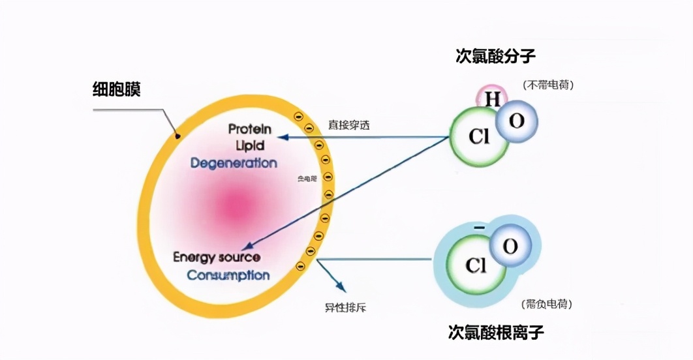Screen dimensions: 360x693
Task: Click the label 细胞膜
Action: pyautogui.click(x=117, y=89)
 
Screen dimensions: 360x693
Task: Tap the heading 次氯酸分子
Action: pyautogui.click(x=495, y=56)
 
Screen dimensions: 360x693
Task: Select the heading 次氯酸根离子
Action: pyautogui.click(x=496, y=333)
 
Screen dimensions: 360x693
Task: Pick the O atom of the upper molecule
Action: pyautogui.click(x=516, y=121)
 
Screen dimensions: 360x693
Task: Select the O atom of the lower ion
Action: pyautogui.click(x=510, y=247)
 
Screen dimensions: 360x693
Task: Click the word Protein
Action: pyautogui.click(x=250, y=128)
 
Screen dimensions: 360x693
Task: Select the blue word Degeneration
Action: pyautogui.click(x=234, y=163)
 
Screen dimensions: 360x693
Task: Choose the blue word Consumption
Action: pyautogui.click(x=228, y=275)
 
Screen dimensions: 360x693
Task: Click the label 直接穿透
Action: pyautogui.click(x=348, y=125)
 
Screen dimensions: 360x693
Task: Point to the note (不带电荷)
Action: pyautogui.click(x=547, y=85)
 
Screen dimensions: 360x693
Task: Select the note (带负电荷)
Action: pyautogui.click(x=547, y=305)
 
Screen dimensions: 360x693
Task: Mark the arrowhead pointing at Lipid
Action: pyautogui.click(x=282, y=138)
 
